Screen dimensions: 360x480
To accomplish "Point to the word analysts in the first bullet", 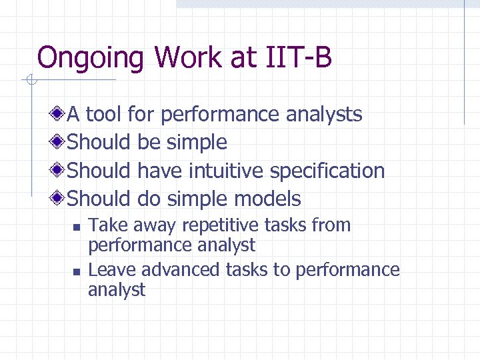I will pos(324,115).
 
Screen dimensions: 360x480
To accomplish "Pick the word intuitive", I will pos(227,171).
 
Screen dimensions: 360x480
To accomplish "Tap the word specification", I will pos(327,171).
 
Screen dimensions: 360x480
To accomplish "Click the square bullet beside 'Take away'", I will pos(76,227).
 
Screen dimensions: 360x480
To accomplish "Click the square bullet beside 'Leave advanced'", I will pos(76,271).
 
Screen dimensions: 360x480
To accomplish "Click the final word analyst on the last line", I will pos(117,290).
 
